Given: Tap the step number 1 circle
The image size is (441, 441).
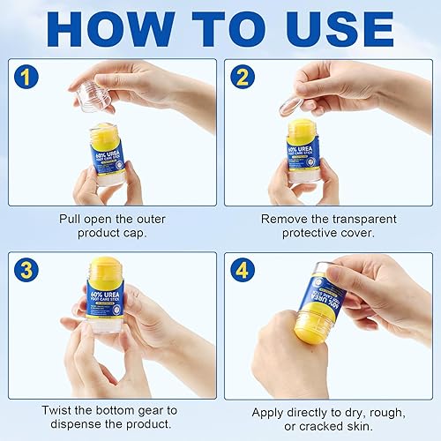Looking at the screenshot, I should (x=30, y=77).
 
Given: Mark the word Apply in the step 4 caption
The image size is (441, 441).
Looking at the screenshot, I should (x=269, y=411).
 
